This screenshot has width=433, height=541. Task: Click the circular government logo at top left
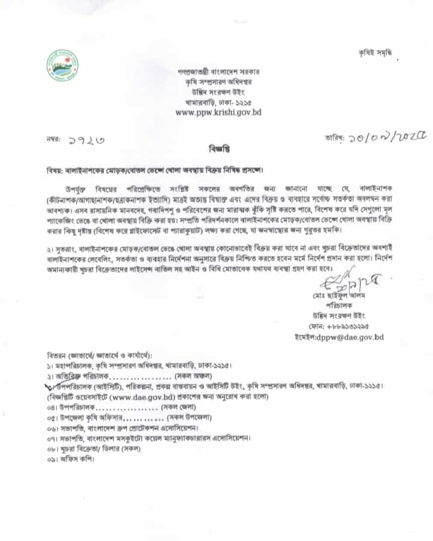pos(62,66)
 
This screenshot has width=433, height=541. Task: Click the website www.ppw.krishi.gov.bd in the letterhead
pos(218,112)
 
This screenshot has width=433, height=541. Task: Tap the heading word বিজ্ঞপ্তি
pos(218,147)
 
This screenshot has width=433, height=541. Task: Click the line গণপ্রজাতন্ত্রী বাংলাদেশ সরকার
pos(218,71)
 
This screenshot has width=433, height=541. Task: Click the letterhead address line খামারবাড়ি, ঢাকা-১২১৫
pos(218,102)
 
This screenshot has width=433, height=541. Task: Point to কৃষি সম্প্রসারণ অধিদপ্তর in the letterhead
pos(218,81)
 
